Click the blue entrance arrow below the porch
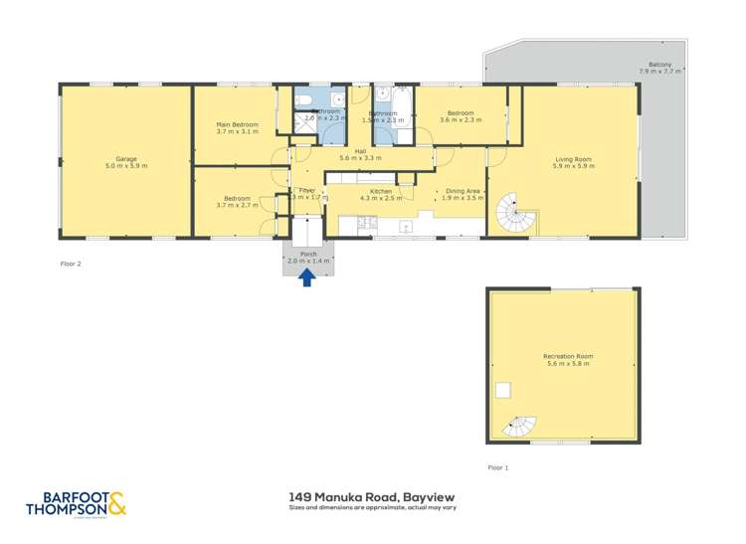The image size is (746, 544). coord(307,278)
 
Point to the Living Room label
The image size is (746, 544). coord(574,163)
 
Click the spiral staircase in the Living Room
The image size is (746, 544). coord(513,212)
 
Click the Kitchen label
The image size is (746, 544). coord(381,193)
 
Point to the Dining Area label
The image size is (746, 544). coord(463,193)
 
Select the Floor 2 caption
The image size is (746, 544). coord(72,265)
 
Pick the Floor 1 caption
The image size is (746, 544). coord(497,466)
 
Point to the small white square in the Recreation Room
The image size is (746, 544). coord(504,389)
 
